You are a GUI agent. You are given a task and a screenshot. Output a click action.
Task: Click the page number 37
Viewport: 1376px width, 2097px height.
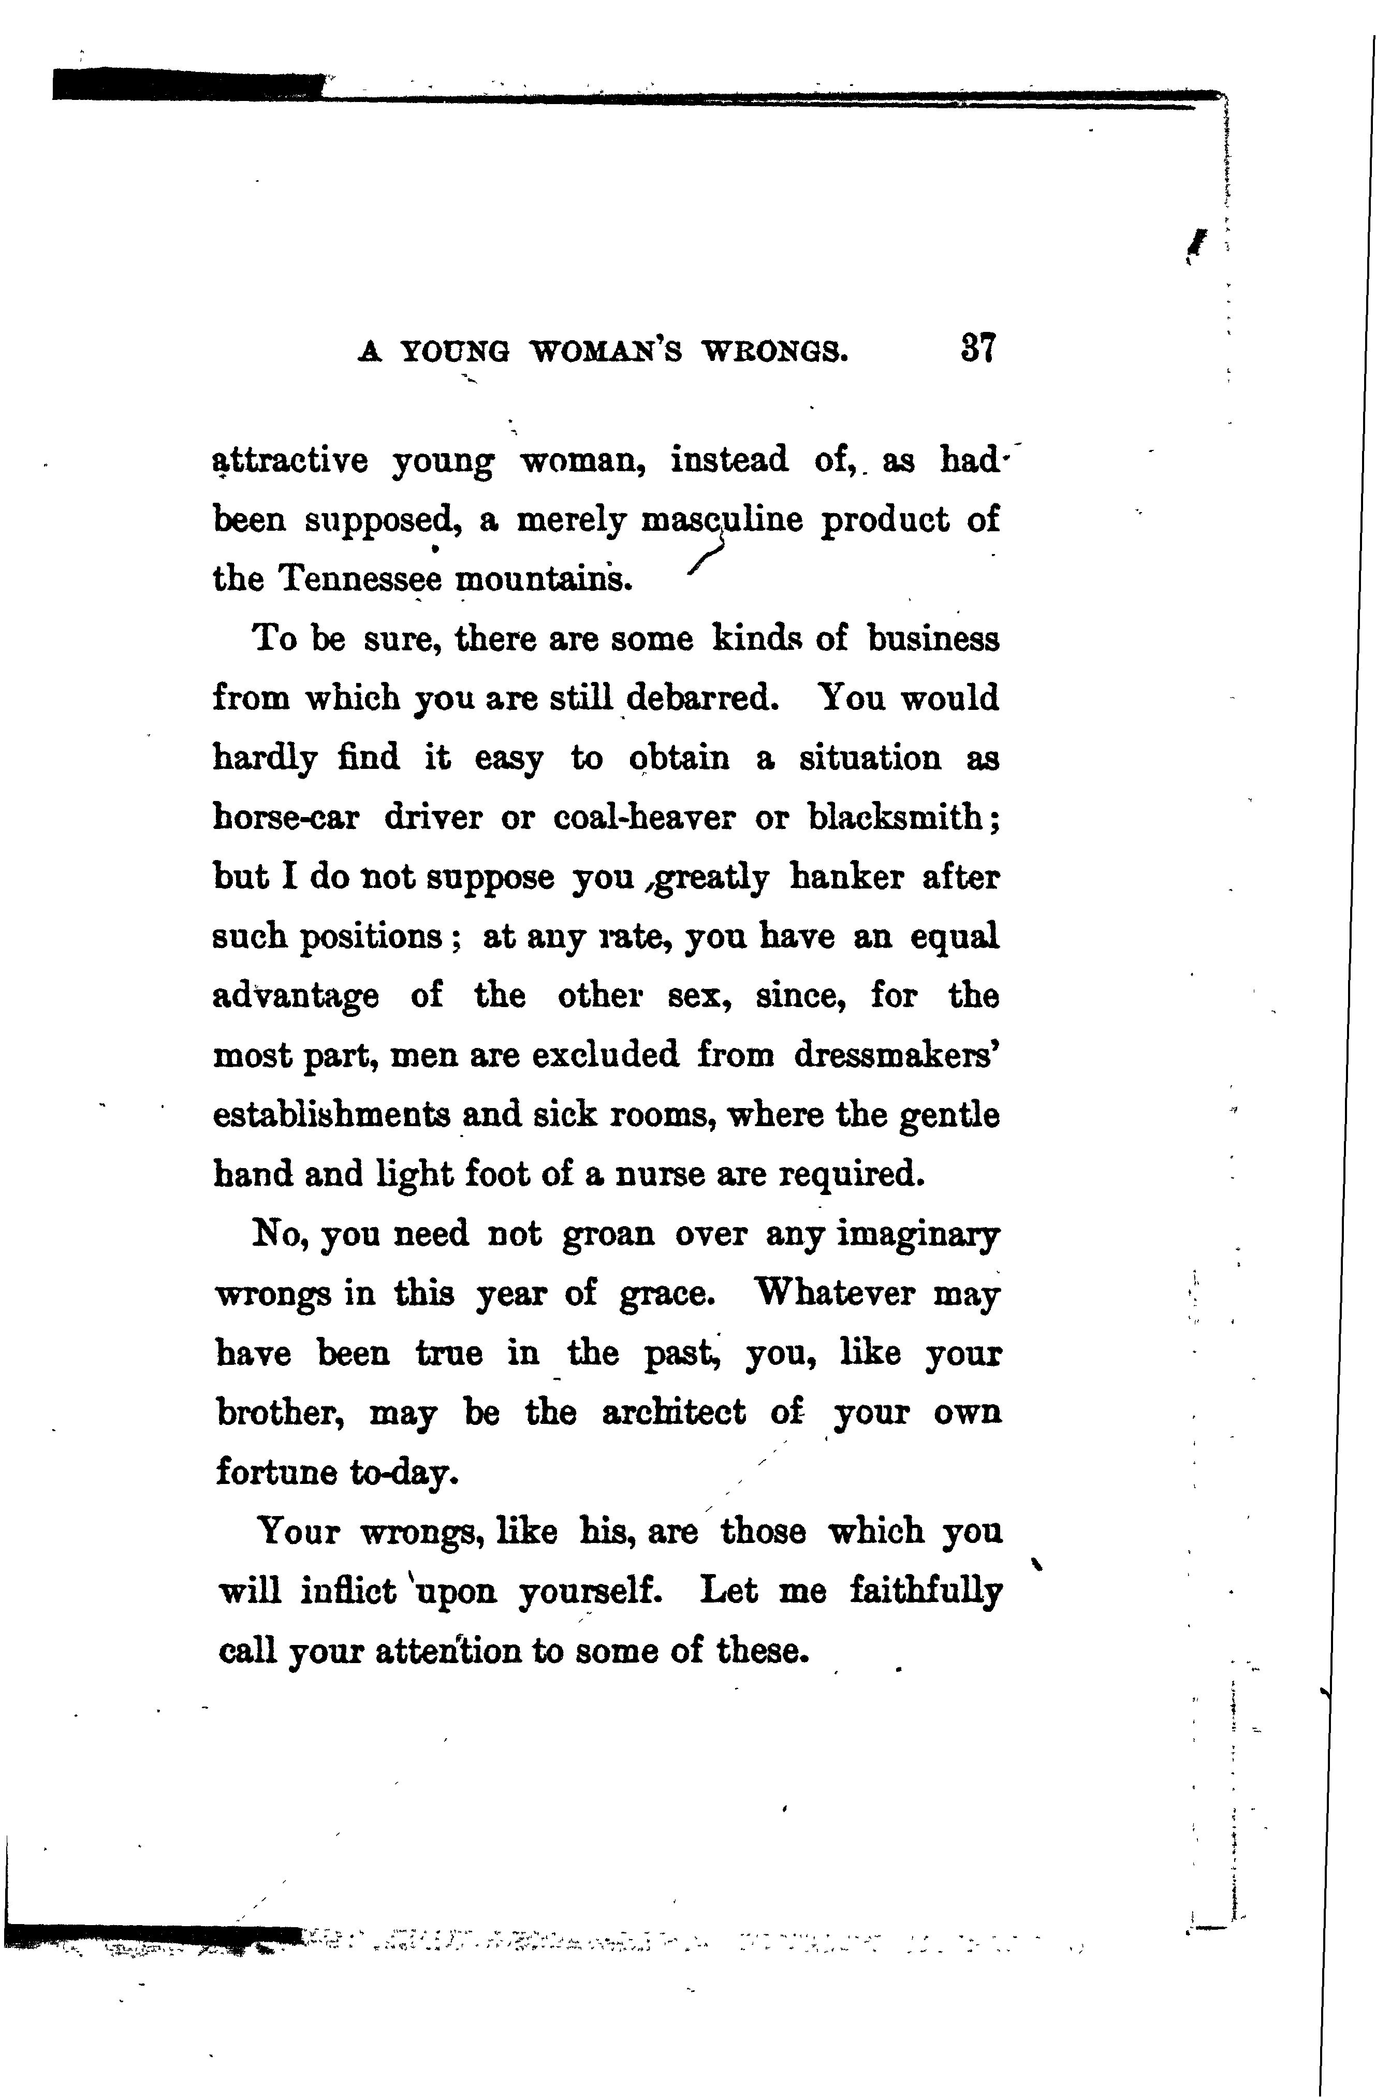979,349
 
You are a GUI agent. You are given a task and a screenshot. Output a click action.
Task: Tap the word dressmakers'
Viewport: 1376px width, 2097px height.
897,1055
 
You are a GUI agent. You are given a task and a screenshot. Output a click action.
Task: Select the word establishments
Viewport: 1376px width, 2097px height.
331,1115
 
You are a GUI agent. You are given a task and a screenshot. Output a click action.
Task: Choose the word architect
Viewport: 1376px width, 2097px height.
674,1412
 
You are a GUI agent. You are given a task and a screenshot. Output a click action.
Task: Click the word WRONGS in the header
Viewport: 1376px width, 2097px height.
774,353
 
